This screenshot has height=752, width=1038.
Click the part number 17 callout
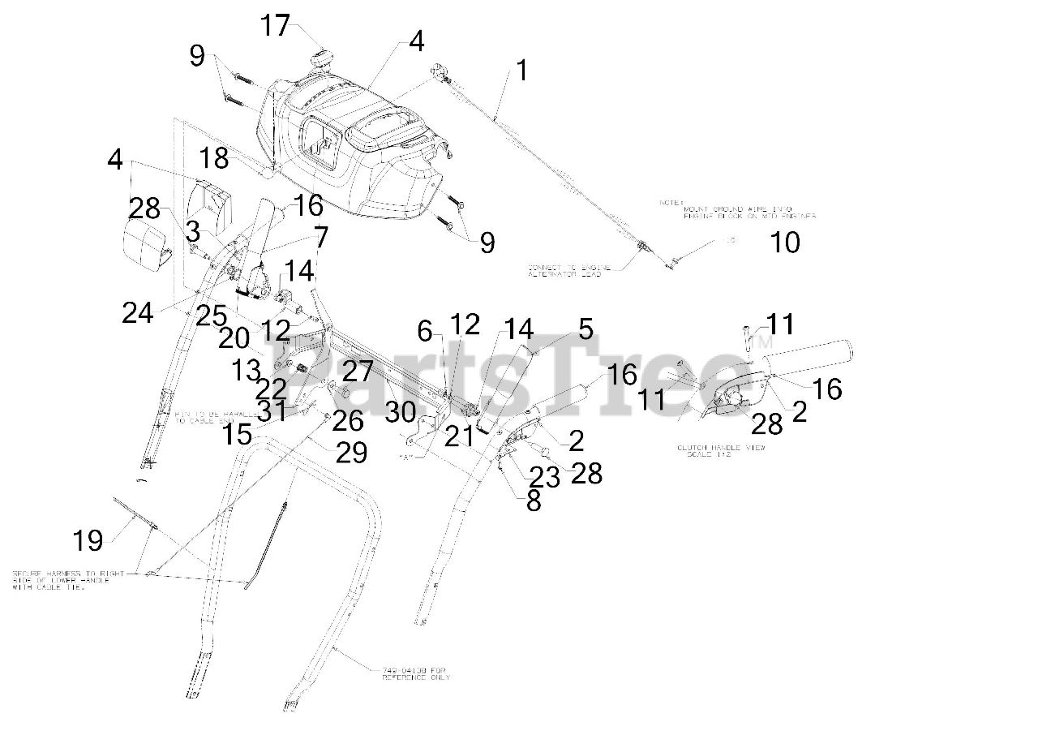point(275,26)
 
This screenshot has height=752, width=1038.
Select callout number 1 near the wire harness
point(521,71)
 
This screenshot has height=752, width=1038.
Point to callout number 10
point(784,242)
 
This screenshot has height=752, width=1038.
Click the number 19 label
point(89,539)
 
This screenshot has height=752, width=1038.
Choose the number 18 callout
point(216,158)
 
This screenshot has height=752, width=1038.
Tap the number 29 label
point(351,451)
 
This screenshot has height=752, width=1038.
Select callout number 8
point(534,501)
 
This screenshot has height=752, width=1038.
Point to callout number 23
point(545,477)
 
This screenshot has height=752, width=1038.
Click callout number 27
point(357,372)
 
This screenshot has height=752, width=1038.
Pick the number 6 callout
point(426,330)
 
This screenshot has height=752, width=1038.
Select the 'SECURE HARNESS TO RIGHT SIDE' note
point(68,580)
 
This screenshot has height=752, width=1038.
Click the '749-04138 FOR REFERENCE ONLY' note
point(415,673)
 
